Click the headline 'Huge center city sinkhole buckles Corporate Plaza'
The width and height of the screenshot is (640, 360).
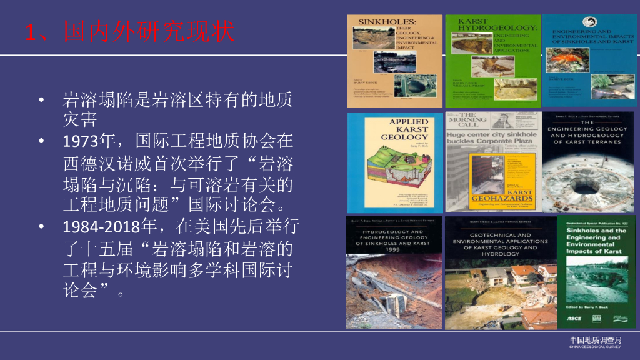pyautogui.click(x=491, y=137)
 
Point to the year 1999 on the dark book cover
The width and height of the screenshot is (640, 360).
pyautogui.click(x=394, y=248)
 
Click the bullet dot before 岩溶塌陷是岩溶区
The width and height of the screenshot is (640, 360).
pyautogui.click(x=41, y=100)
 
